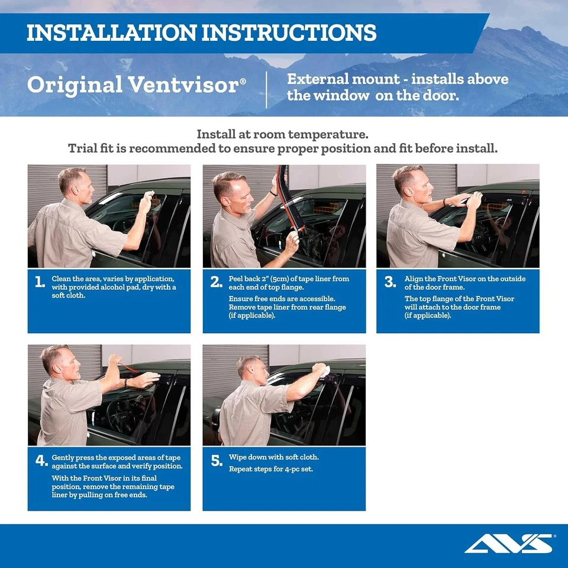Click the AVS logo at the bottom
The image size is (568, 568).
point(509,543)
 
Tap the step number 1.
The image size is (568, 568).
point(40,282)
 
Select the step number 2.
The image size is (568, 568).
point(216,282)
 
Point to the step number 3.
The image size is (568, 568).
point(390,282)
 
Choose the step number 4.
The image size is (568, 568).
point(40,461)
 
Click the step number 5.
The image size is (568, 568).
point(216,461)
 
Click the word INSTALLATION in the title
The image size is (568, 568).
point(111,33)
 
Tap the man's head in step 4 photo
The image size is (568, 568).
point(56,361)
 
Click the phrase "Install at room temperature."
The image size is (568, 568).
point(282,134)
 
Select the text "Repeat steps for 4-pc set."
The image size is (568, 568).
point(270,469)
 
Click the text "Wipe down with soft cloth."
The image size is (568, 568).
point(273,457)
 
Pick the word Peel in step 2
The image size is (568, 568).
point(236,279)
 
